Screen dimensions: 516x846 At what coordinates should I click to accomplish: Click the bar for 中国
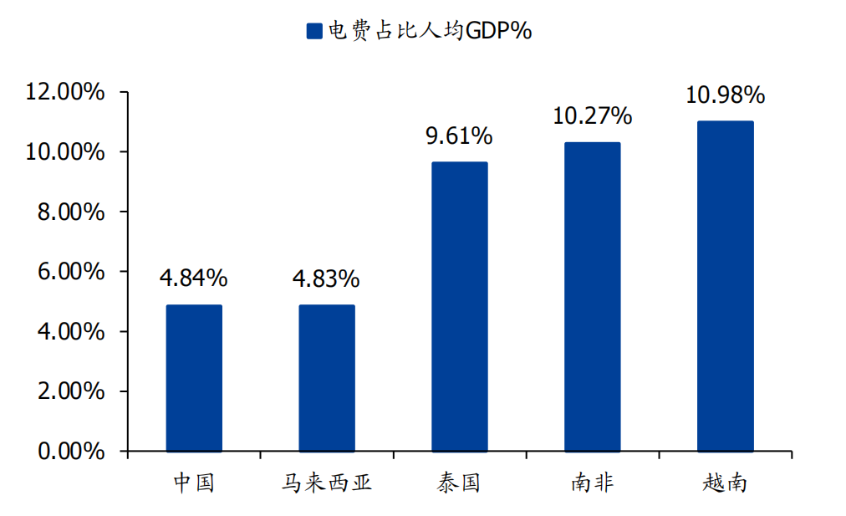(194, 378)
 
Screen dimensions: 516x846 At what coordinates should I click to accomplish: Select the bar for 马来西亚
(327, 378)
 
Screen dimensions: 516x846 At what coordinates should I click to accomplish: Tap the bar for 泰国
(459, 306)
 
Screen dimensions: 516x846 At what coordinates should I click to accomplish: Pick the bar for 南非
(592, 297)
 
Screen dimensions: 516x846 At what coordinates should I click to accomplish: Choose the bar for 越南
(725, 286)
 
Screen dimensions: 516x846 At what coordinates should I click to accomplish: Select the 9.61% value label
(459, 135)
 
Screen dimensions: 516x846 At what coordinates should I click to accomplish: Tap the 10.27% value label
(592, 116)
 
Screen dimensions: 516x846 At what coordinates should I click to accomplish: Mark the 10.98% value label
(725, 95)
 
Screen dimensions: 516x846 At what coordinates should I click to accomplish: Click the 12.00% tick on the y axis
(66, 92)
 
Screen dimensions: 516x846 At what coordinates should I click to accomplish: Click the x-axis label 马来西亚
(326, 483)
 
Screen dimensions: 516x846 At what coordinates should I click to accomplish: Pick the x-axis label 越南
(725, 483)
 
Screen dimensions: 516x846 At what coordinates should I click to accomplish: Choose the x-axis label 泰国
(459, 483)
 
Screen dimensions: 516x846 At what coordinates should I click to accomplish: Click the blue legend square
(314, 32)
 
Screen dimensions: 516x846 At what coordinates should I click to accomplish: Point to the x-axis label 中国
(194, 483)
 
